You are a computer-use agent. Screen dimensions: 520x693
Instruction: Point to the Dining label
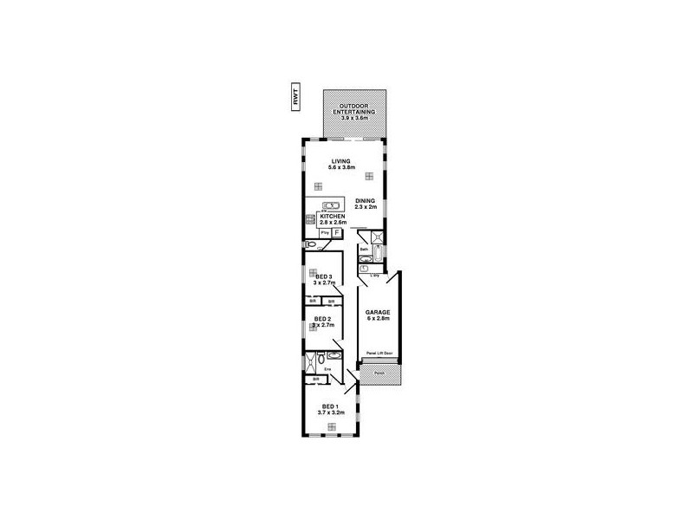coord(365,204)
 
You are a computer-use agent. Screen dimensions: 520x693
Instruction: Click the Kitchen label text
coord(333,219)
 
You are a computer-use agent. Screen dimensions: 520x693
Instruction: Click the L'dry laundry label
coord(375,275)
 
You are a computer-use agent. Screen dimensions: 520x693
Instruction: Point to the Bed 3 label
coord(323,279)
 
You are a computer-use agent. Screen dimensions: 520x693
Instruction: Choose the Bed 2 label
coord(323,322)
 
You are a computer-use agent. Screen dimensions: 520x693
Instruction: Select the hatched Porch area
coord(380,374)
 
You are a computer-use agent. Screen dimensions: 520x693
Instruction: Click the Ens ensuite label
coord(327,370)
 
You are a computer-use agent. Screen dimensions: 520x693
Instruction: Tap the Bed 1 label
coord(330,409)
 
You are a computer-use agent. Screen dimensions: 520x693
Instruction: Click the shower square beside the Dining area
coord(378,237)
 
